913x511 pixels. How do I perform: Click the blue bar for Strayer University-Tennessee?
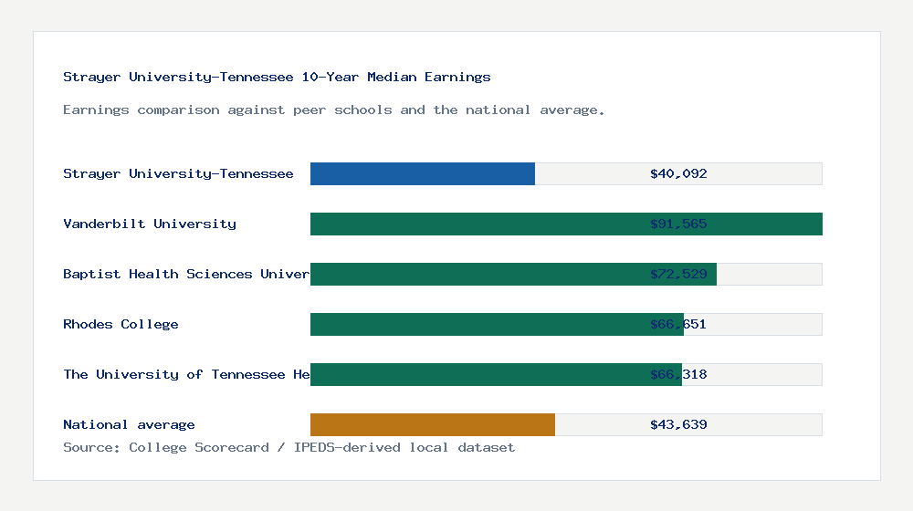click(423, 173)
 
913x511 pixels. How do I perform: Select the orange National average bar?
click(433, 424)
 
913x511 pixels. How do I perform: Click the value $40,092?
click(678, 173)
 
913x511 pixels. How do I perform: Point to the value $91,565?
click(678, 224)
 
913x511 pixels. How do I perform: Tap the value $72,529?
click(678, 274)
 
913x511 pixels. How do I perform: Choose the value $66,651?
click(678, 324)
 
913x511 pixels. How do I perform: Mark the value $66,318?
click(678, 374)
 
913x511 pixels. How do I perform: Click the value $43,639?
click(678, 424)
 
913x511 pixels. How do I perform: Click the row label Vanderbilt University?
click(150, 224)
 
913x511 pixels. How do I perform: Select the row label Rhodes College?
click(121, 324)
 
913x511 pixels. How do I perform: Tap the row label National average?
click(129, 424)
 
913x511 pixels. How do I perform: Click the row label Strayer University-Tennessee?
click(178, 173)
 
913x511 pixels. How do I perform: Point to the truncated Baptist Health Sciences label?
click(186, 274)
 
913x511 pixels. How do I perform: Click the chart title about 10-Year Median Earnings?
click(277, 77)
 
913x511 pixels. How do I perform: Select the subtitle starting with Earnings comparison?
click(334, 109)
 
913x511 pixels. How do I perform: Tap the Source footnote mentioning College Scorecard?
click(289, 447)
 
